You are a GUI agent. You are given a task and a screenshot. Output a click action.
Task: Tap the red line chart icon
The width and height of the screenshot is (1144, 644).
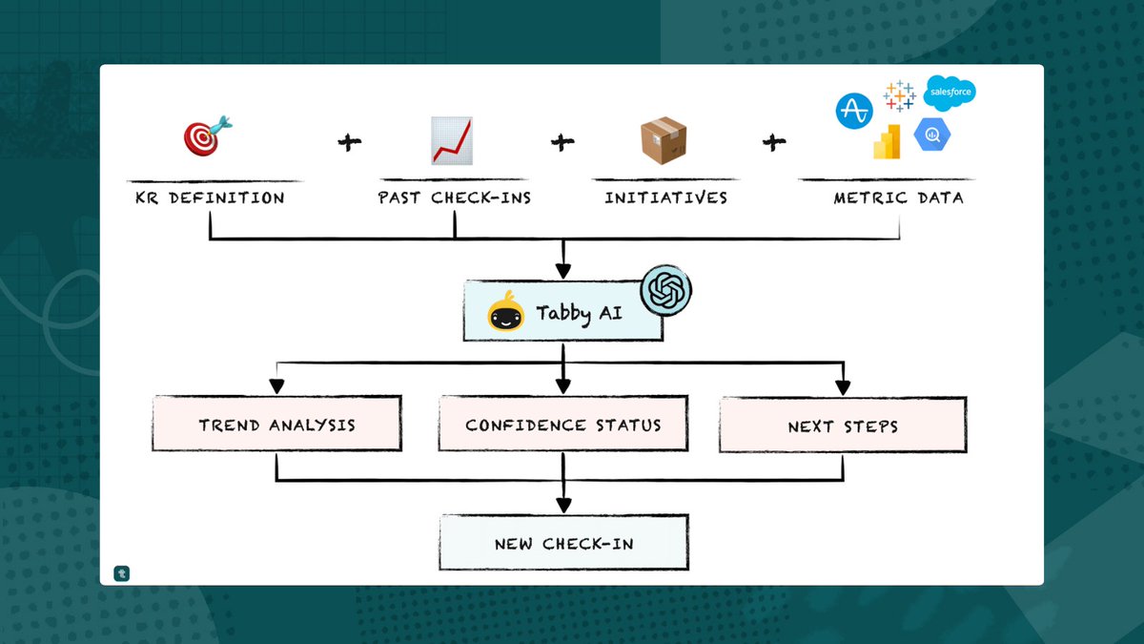453,140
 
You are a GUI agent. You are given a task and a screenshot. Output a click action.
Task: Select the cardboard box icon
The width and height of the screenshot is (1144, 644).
664,139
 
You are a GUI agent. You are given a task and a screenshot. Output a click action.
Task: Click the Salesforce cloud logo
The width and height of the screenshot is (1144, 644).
950,93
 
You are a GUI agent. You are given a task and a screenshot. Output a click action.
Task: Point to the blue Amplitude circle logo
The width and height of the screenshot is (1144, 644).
854,111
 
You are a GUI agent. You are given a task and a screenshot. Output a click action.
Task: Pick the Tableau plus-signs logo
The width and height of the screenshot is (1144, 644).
899,96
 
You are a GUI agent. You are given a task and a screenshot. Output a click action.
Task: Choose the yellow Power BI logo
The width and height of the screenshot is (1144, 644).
888,141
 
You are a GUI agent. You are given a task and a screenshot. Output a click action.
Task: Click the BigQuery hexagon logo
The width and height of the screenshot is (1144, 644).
932,135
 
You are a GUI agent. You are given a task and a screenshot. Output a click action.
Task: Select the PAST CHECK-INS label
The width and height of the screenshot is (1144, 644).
454,198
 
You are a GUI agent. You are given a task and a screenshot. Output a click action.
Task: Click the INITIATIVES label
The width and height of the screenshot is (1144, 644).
665,198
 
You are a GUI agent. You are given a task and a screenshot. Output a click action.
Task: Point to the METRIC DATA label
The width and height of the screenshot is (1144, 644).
899,198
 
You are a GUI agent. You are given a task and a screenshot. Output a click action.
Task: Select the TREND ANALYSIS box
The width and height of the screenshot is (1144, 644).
276,426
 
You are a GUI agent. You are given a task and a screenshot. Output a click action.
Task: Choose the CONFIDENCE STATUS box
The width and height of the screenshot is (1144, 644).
562,426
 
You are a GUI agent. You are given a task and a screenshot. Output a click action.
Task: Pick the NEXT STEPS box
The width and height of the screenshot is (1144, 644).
843,426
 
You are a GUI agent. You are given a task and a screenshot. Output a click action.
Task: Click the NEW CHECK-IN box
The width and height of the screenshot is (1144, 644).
563,544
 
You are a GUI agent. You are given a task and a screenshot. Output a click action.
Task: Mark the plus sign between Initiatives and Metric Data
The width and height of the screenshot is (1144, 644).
773,142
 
